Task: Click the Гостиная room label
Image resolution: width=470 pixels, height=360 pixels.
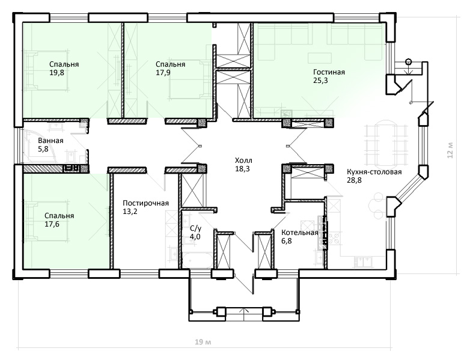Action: (329, 72)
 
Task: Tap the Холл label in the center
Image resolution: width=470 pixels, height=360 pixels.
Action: (243, 160)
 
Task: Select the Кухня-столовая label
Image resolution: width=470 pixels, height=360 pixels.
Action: (374, 172)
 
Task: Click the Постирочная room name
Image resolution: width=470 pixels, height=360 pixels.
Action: (145, 203)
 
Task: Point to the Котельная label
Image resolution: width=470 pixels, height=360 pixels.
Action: (300, 233)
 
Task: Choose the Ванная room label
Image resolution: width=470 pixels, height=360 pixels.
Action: (50, 141)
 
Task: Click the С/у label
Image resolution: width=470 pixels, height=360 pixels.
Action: (196, 228)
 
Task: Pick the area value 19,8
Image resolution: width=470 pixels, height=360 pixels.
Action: (56, 73)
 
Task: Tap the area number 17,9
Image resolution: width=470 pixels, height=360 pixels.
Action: (163, 73)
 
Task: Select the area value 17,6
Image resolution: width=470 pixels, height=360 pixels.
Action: (52, 224)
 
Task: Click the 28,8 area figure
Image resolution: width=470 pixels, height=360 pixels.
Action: (354, 180)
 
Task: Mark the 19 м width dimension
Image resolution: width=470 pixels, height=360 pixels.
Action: (203, 342)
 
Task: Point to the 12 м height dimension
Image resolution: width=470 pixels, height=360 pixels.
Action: (450, 150)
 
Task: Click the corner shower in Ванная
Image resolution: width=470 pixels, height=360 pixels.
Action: (39, 147)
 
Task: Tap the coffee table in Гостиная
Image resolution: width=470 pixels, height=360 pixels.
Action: (320, 58)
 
